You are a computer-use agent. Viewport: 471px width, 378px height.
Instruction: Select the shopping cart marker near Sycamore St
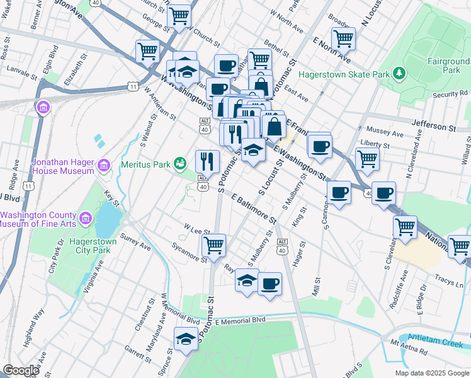[x=214, y=244]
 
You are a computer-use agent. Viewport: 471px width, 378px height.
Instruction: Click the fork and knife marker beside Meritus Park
[x=207, y=161]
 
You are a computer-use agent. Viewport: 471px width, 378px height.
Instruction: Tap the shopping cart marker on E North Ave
[x=343, y=38]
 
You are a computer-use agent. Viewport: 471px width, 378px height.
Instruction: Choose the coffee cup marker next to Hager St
[x=270, y=283]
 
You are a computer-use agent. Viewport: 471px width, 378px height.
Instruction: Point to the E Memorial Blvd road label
[x=240, y=320]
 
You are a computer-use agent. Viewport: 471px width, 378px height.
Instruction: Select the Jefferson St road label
[x=433, y=127]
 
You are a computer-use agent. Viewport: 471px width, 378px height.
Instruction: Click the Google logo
[x=21, y=370]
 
